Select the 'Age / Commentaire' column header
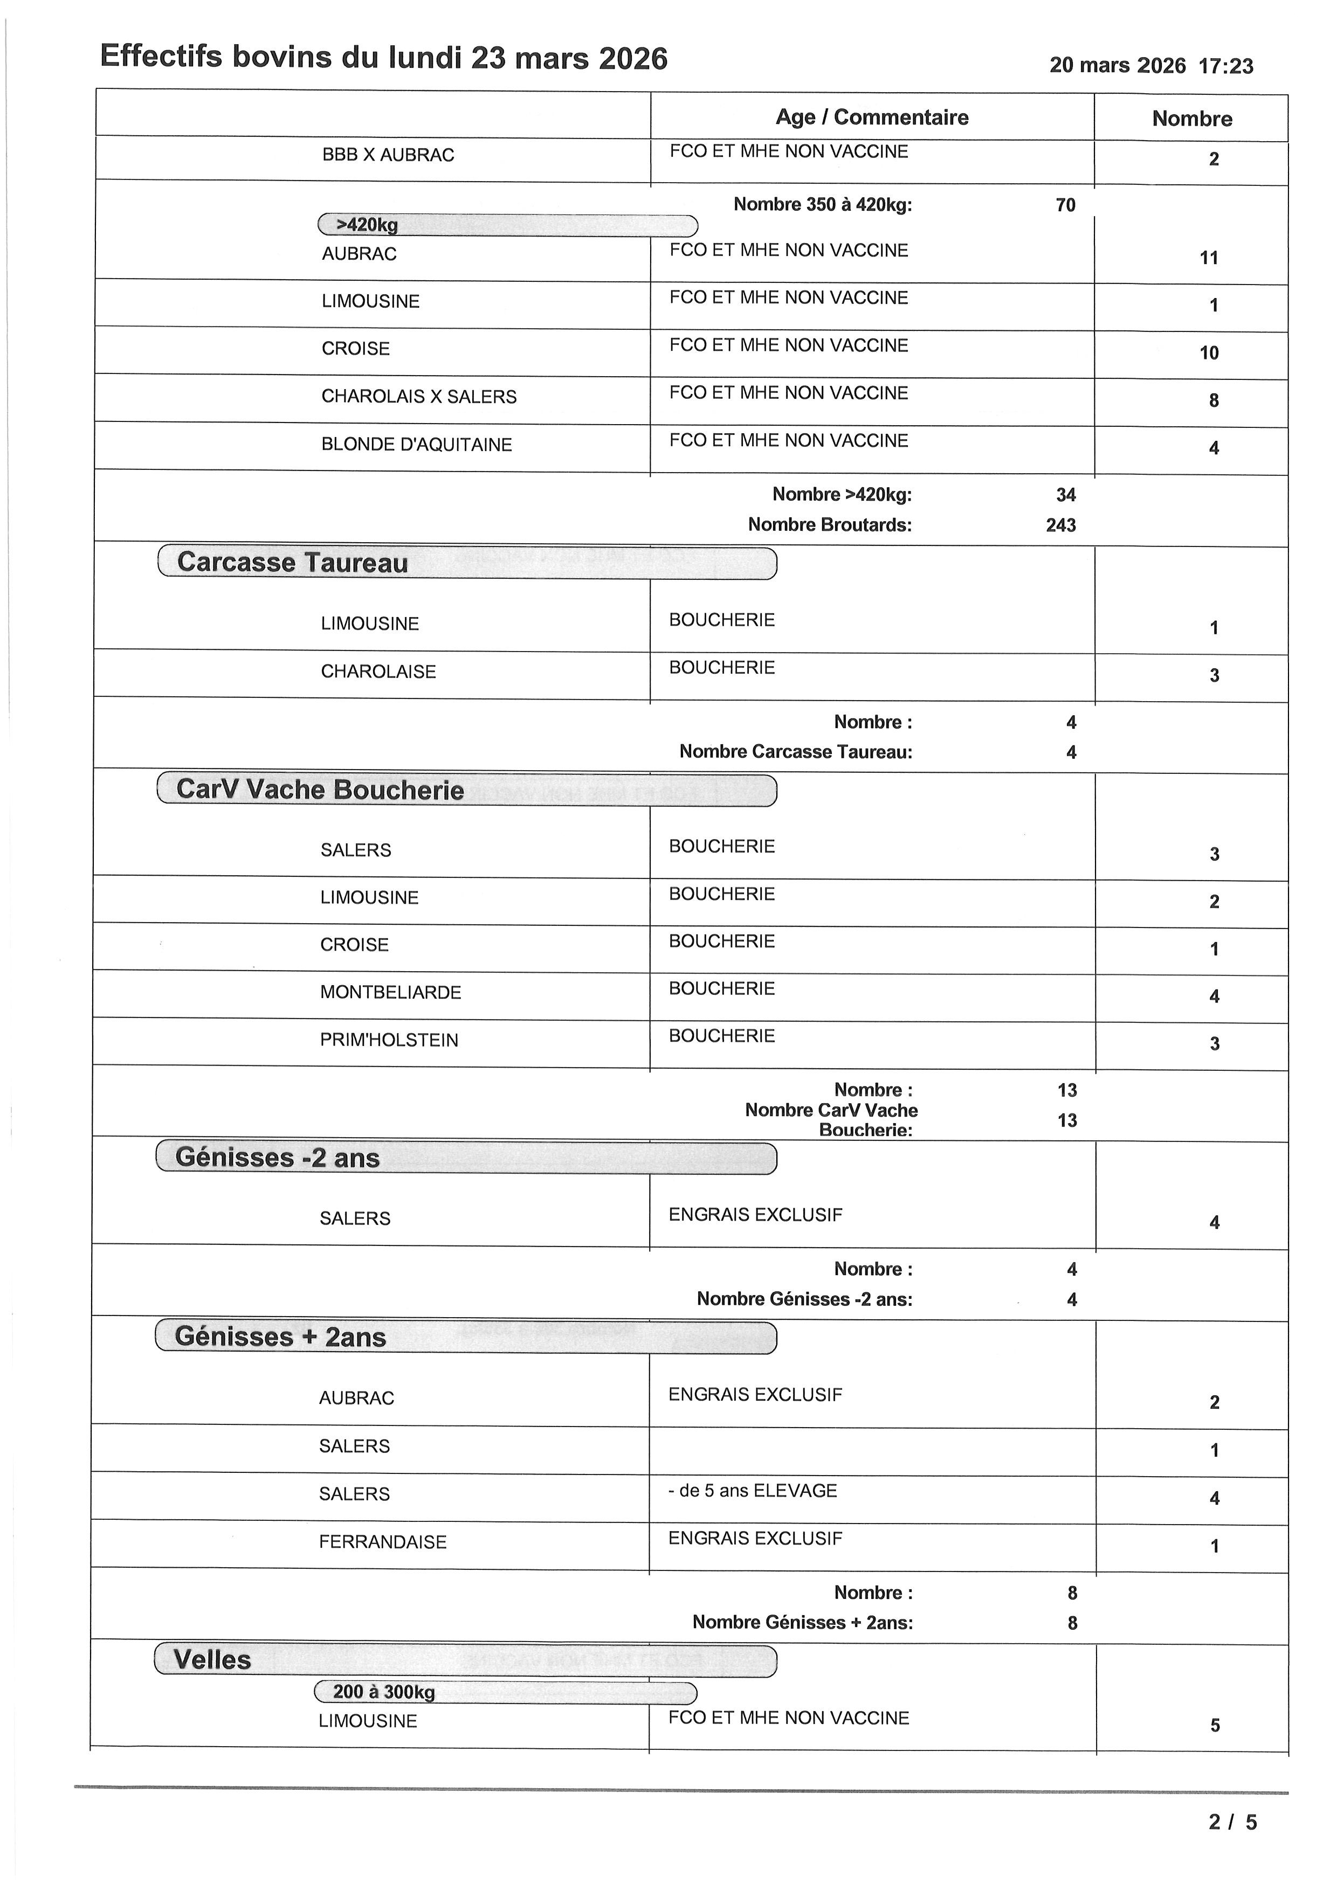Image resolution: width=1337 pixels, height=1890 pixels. (871, 117)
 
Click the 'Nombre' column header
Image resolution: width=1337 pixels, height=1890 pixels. (1191, 119)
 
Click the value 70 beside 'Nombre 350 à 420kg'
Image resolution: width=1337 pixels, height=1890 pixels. (1065, 205)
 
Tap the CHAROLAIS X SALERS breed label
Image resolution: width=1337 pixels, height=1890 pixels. (418, 397)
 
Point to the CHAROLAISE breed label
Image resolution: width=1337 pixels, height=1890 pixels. (378, 671)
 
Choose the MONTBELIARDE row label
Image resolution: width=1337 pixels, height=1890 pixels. (390, 993)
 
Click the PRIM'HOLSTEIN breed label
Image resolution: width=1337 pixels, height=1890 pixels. (389, 1041)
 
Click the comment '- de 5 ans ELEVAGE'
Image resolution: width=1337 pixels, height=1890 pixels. (753, 1491)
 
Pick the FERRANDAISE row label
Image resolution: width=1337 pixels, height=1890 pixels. (382, 1542)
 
